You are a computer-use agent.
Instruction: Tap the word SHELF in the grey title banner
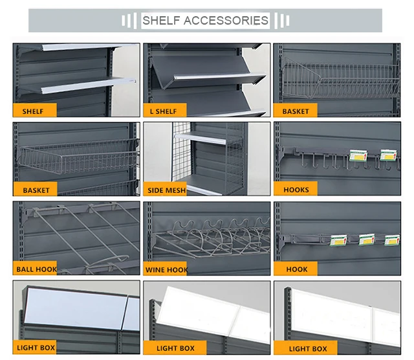[162, 20]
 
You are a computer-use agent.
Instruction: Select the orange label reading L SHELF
[162, 111]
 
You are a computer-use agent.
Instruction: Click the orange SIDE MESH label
[166, 190]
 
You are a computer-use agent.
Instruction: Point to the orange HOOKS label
[296, 190]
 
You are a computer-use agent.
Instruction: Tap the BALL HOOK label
[36, 269]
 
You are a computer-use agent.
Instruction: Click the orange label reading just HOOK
[296, 269]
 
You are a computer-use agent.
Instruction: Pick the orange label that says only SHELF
[33, 111]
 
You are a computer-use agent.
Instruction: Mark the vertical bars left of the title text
[128, 21]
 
